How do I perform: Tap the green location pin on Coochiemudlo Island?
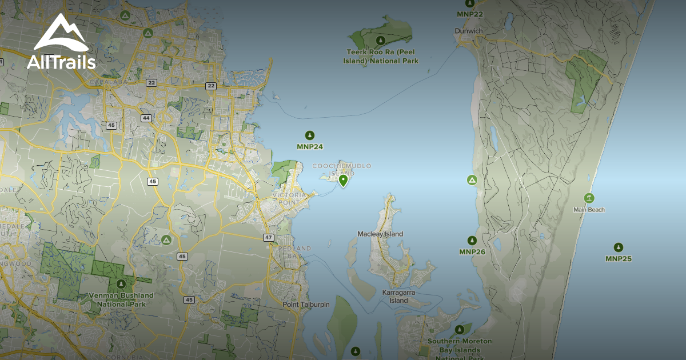click(x=343, y=181)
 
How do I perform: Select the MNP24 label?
click(x=310, y=147)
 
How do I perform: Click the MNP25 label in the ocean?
click(x=618, y=259)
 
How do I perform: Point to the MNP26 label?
click(x=472, y=252)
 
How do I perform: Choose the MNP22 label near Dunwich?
click(x=470, y=14)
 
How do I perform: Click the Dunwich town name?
click(x=469, y=31)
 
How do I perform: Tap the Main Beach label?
click(x=589, y=210)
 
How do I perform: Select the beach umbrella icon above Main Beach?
click(x=589, y=198)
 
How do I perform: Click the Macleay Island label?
click(x=380, y=234)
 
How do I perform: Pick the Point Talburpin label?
click(x=306, y=305)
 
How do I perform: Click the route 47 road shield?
click(x=269, y=237)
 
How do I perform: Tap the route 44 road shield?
click(x=146, y=118)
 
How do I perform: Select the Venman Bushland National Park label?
click(x=121, y=299)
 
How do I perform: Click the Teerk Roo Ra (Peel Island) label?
click(x=382, y=56)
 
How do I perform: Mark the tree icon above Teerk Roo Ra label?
click(x=380, y=40)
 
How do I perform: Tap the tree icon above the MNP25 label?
click(x=618, y=247)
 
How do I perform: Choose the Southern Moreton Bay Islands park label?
click(x=460, y=345)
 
